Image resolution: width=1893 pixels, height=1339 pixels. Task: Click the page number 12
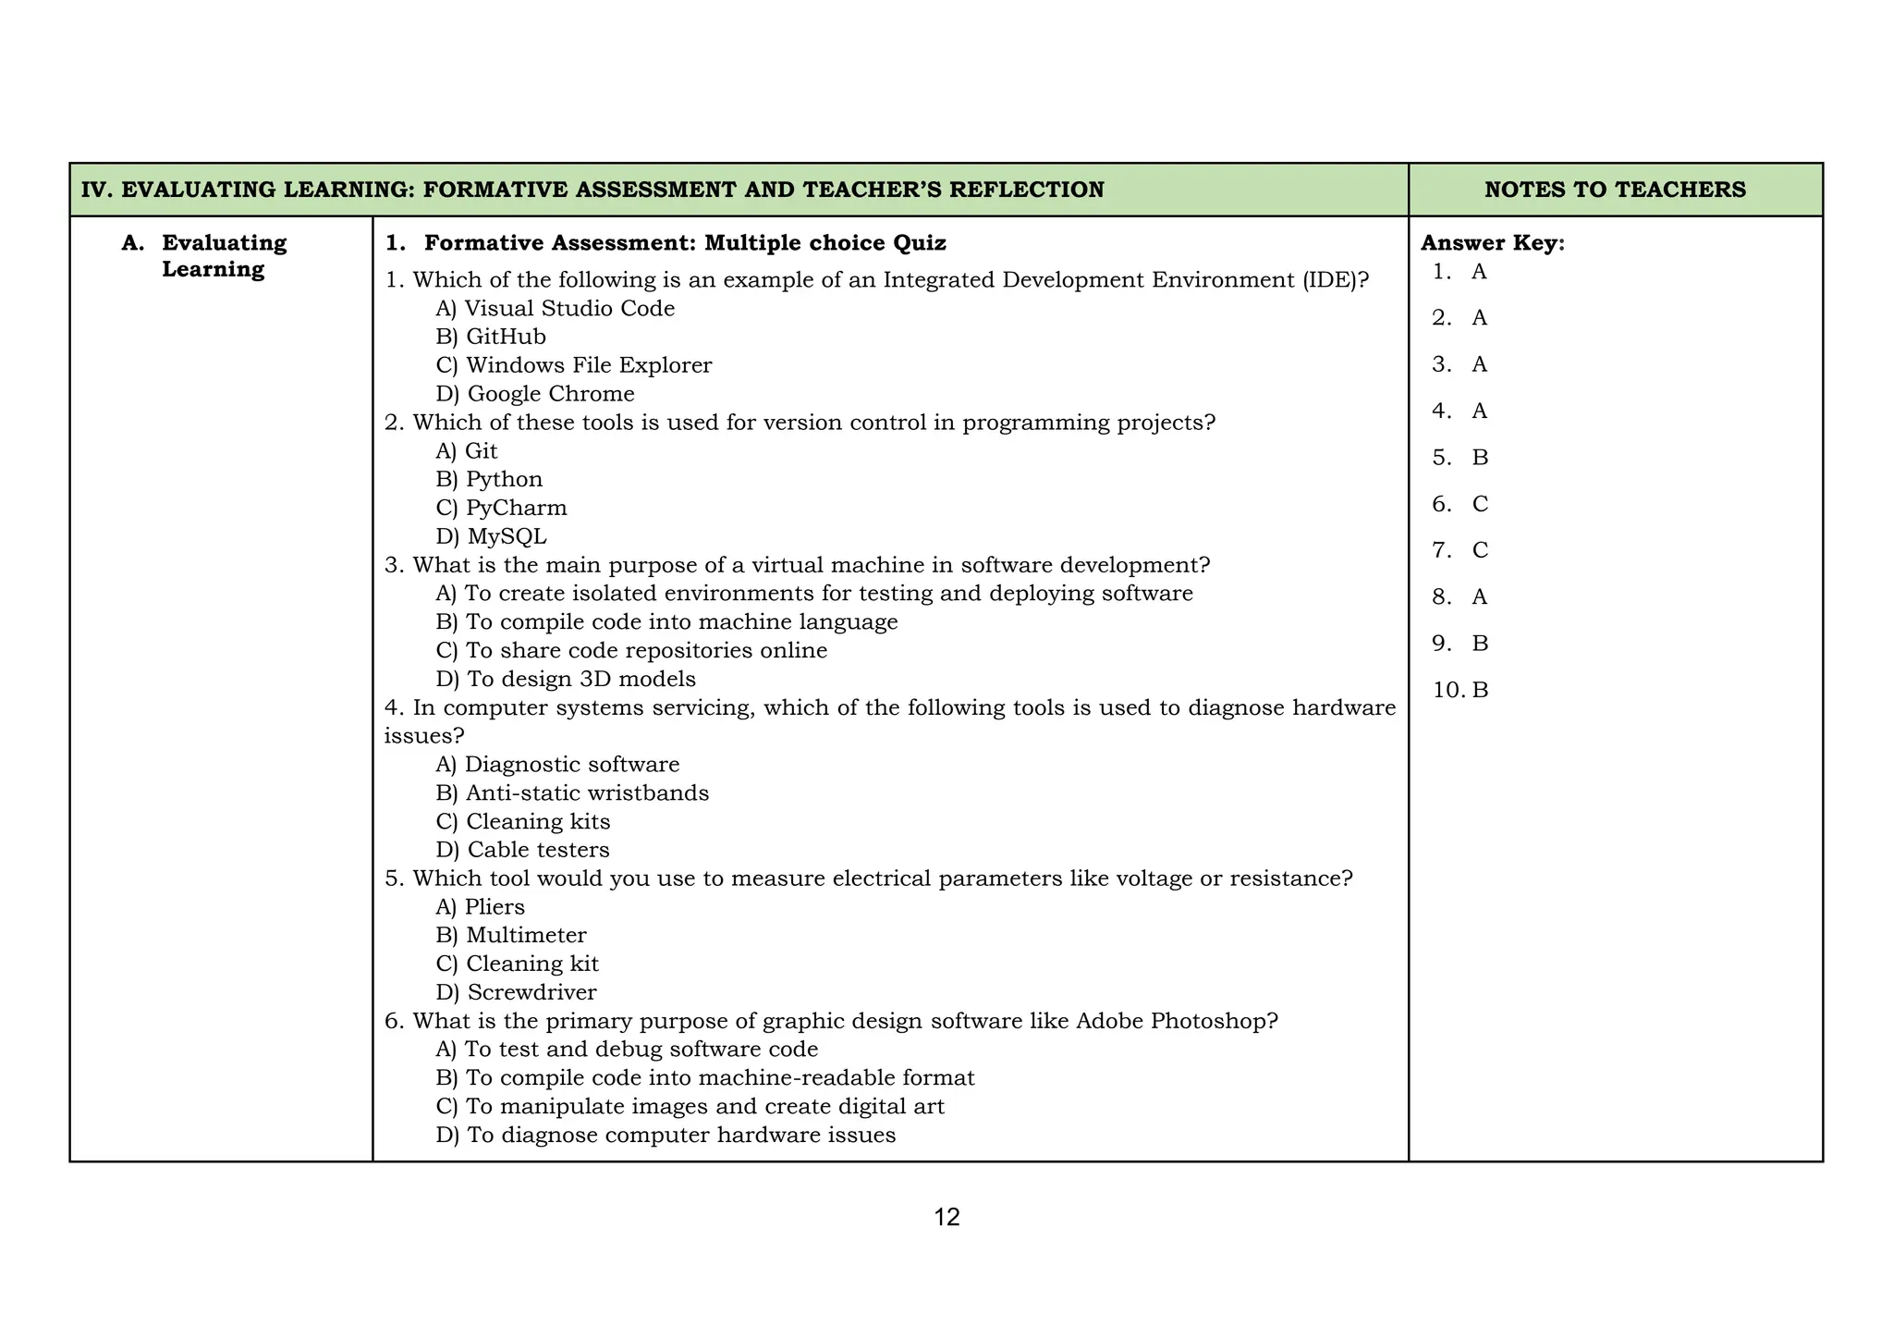click(x=946, y=1217)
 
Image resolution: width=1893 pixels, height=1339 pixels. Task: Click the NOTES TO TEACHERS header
click(x=1615, y=190)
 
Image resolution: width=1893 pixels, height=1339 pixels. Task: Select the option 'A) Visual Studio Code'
click(x=555, y=308)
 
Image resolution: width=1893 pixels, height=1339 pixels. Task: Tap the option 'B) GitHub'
click(x=491, y=337)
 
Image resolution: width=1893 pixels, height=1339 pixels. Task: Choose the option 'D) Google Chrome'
click(x=535, y=394)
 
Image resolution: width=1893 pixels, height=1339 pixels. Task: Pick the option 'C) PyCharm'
click(x=501, y=508)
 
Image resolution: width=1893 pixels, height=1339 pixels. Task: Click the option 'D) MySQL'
click(x=491, y=536)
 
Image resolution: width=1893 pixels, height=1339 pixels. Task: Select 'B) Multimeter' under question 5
click(x=511, y=935)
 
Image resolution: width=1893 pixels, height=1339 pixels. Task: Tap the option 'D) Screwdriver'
click(x=516, y=992)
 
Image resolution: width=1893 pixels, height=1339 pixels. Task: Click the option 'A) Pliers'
click(x=480, y=906)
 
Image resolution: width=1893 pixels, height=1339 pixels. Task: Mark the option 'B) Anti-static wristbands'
click(x=572, y=792)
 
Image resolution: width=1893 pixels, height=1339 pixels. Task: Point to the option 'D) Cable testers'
click(x=522, y=849)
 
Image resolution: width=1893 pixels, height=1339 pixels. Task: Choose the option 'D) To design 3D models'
click(x=566, y=679)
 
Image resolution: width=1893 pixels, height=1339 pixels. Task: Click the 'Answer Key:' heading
click(x=1492, y=243)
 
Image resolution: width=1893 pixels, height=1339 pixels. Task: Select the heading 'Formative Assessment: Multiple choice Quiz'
click(x=684, y=243)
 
